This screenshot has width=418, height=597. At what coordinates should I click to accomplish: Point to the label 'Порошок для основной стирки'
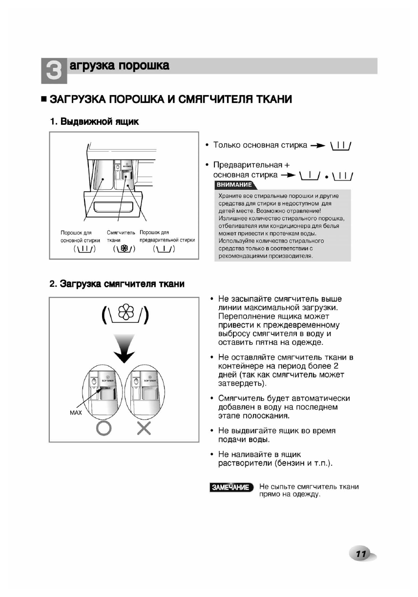[x=80, y=236]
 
